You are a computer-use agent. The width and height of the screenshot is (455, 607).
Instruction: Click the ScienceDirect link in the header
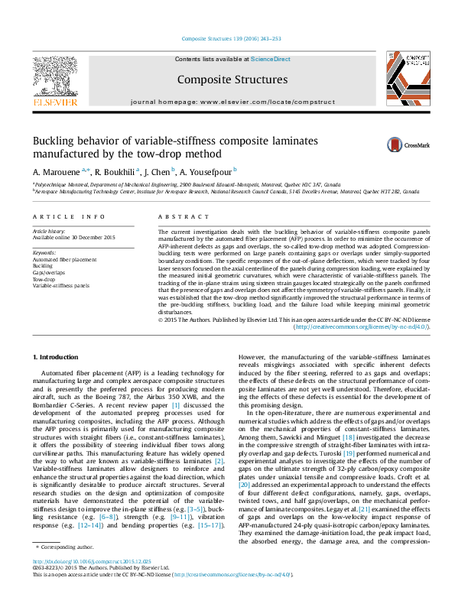[x=271, y=59]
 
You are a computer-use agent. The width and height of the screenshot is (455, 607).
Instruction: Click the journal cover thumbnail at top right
[x=405, y=77]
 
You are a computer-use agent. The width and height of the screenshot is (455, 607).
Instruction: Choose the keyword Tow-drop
[x=44, y=280]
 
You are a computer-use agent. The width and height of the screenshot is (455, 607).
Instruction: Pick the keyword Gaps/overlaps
[x=49, y=273]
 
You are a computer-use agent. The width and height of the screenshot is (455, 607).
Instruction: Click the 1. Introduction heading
[x=57, y=357]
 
